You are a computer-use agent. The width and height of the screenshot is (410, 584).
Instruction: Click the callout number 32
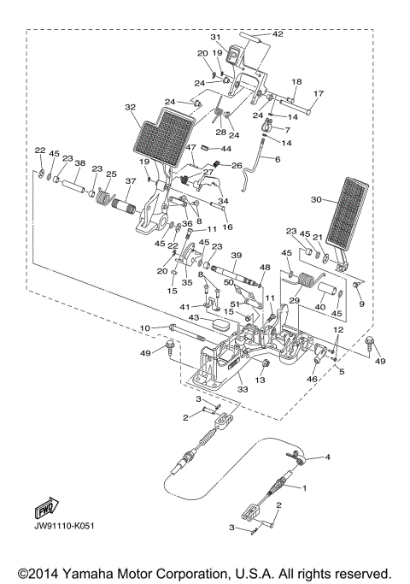[x=130, y=108]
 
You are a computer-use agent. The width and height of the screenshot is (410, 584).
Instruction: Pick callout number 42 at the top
[x=278, y=34]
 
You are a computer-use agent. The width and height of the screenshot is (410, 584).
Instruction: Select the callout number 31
[x=215, y=38]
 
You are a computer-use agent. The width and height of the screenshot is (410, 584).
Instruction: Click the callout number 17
[x=319, y=93]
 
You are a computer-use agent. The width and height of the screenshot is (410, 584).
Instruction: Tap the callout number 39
[x=237, y=255]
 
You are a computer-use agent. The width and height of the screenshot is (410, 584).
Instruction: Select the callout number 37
[x=131, y=181]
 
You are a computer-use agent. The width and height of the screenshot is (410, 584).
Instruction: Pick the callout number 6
[x=278, y=159]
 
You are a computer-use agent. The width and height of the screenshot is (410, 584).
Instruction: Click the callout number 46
[x=313, y=378]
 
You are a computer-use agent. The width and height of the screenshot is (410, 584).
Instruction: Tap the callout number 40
[x=320, y=306]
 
